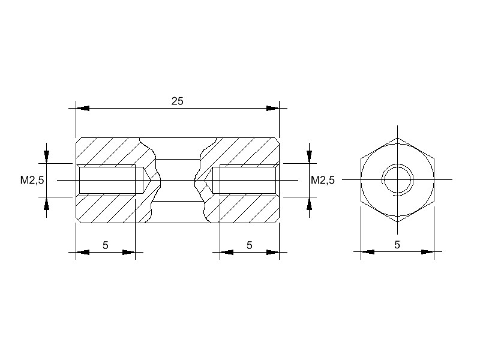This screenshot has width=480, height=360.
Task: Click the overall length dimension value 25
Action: click(177, 101)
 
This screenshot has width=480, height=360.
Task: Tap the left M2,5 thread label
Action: click(32, 180)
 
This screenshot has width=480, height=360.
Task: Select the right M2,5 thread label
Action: click(323, 180)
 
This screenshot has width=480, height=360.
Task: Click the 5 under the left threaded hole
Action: click(106, 245)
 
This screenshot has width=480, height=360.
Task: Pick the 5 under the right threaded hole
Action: click(250, 245)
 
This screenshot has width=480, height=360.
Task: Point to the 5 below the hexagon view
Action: click(397, 245)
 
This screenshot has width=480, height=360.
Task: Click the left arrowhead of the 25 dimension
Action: click(83, 109)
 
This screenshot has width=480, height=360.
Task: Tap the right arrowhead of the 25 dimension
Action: click(273, 109)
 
